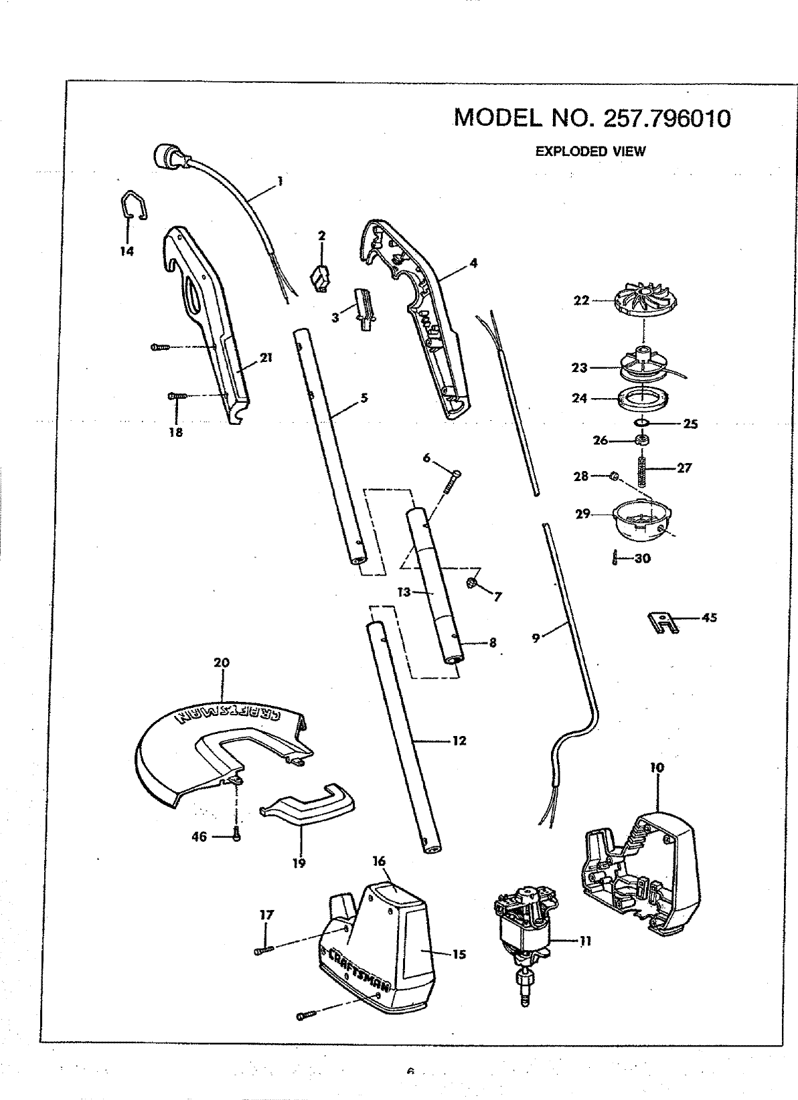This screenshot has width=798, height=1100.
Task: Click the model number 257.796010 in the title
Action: [667, 118]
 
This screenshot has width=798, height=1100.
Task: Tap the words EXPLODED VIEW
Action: [590, 151]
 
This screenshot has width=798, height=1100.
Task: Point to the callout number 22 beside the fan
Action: [581, 301]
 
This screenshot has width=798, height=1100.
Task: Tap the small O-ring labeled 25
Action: [641, 423]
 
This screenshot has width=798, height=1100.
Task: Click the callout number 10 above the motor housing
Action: [657, 767]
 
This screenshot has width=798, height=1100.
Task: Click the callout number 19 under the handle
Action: [299, 863]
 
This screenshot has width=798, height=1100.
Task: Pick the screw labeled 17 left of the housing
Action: [264, 949]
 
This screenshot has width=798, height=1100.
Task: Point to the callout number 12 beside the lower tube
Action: [459, 741]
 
